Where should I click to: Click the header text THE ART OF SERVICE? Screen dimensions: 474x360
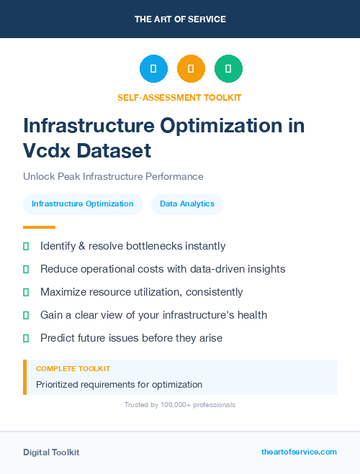point(180,19)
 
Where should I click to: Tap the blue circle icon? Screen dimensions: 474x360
point(153,69)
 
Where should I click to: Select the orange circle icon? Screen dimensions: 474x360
point(191,69)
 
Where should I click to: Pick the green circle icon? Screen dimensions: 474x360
point(228,69)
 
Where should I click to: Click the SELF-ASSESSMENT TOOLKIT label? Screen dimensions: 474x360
point(179,97)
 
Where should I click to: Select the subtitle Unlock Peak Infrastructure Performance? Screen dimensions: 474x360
point(113,176)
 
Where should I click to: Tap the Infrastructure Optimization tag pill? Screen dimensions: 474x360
point(83,204)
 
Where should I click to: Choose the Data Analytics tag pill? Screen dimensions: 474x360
point(187,204)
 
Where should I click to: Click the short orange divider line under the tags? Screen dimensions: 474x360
point(34,227)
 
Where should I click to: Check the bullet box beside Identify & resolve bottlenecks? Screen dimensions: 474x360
point(26,247)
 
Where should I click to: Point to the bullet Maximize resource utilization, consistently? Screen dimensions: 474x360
point(141,292)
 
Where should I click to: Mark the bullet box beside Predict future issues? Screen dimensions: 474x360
point(26,338)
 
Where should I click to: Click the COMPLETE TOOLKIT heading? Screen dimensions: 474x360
point(73,368)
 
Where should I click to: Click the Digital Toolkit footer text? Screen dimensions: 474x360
point(51,452)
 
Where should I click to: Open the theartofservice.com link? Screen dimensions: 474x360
point(299,452)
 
